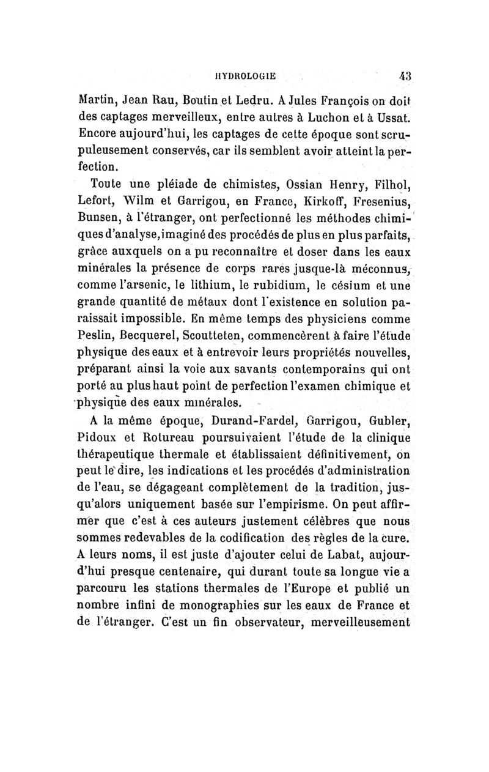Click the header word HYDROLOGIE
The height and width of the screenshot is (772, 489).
point(243,76)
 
